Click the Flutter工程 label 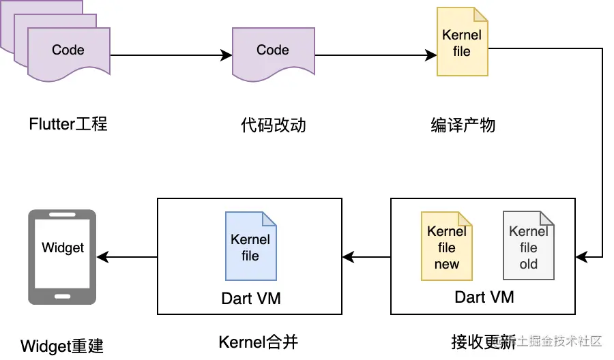68,125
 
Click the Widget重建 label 62,345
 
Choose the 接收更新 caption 484,341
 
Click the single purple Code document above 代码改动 273,52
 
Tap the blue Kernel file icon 250,246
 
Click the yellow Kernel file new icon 447,246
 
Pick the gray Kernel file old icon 528,246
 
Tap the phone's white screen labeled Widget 62,252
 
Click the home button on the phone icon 62,297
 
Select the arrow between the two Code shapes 171,56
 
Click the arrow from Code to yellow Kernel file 375,56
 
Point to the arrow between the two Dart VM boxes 366,257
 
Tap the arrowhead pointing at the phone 103,257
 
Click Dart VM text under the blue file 250,298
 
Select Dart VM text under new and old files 484,297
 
